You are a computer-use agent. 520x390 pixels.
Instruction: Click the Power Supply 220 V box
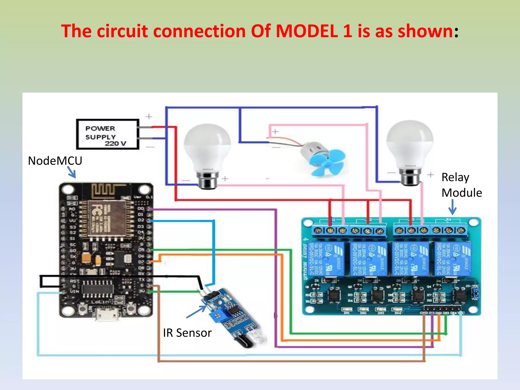click(x=108, y=134)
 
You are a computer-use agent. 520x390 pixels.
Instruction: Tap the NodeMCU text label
click(x=55, y=161)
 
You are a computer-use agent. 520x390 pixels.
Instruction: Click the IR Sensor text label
click(x=187, y=333)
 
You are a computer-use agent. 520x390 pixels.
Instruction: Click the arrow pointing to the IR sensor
click(x=197, y=312)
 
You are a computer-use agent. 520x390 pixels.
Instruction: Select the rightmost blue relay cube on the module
click(x=453, y=258)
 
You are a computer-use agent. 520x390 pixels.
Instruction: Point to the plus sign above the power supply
click(x=149, y=117)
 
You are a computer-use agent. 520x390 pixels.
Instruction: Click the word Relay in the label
click(x=455, y=177)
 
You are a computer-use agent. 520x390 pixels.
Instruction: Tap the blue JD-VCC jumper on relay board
click(x=476, y=294)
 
